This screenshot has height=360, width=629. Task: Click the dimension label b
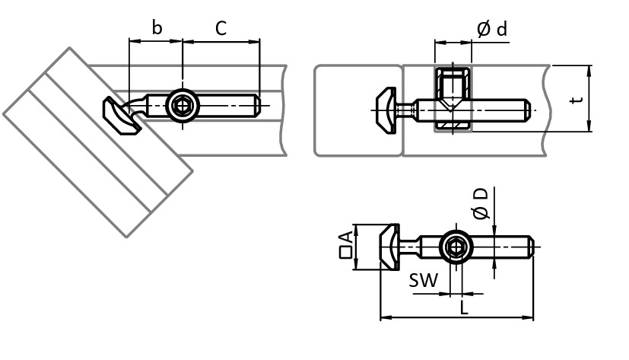tap(157, 28)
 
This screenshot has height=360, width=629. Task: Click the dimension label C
tap(221, 29)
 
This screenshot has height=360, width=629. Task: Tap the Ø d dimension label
tap(491, 29)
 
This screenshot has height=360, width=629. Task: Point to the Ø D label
tap(480, 202)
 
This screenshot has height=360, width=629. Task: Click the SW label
tap(424, 280)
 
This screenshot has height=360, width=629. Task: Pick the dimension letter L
tap(463, 307)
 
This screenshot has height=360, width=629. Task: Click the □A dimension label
tap(346, 245)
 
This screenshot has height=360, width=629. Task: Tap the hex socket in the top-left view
tap(182, 105)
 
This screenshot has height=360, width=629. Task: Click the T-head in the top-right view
tap(385, 110)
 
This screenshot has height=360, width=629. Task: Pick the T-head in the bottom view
tap(389, 247)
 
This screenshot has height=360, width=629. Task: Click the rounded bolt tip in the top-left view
tap(256, 105)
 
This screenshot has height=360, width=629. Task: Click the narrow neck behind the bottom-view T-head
tap(411, 248)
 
